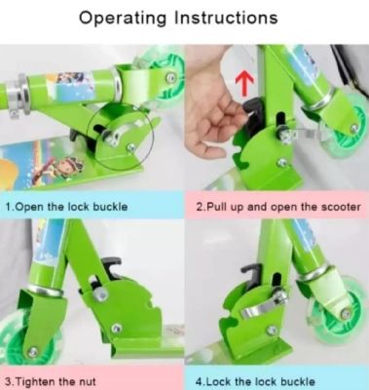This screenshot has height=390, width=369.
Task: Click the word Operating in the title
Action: (129, 18)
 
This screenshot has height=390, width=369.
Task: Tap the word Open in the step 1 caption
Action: (32, 207)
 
